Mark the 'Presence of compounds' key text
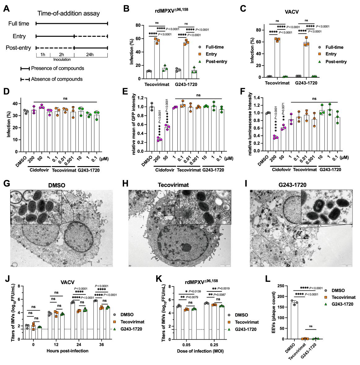coord(58,68)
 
